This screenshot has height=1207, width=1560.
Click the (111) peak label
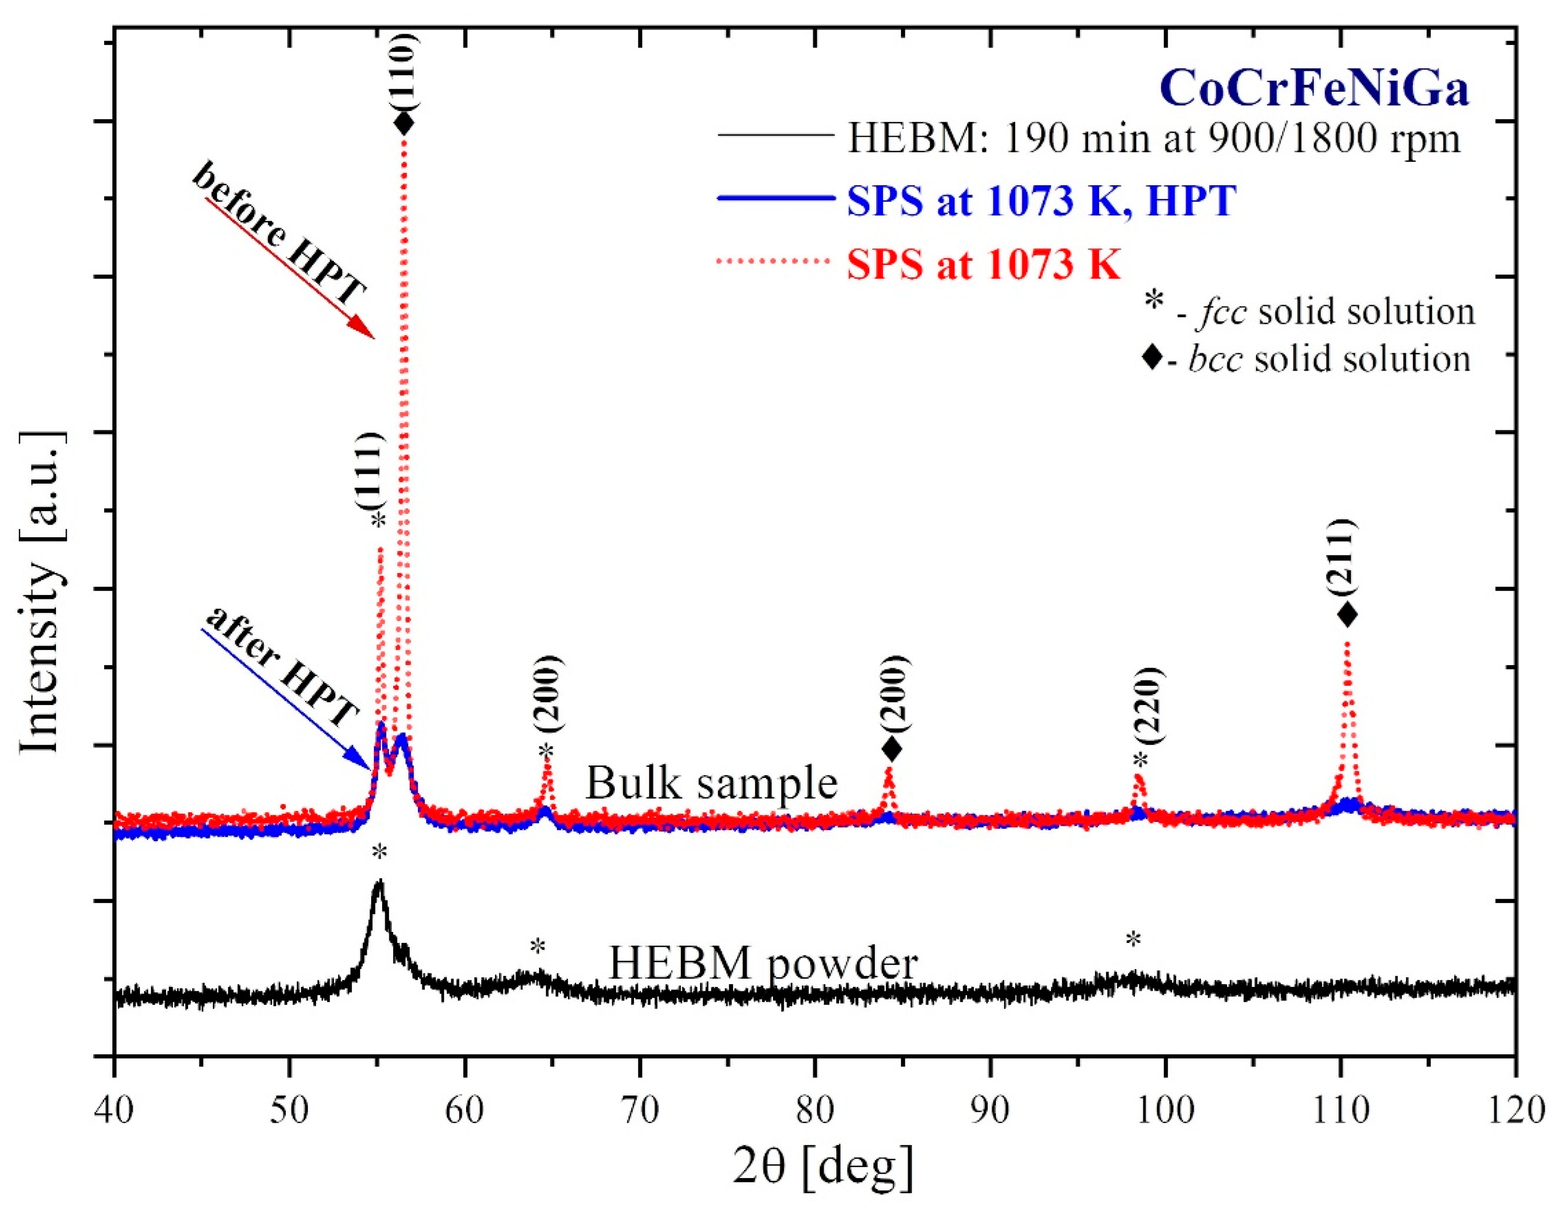[371, 469]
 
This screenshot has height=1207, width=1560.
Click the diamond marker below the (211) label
[1347, 614]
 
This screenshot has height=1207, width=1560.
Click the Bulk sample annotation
[711, 783]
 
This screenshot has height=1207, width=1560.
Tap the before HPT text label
[280, 234]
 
